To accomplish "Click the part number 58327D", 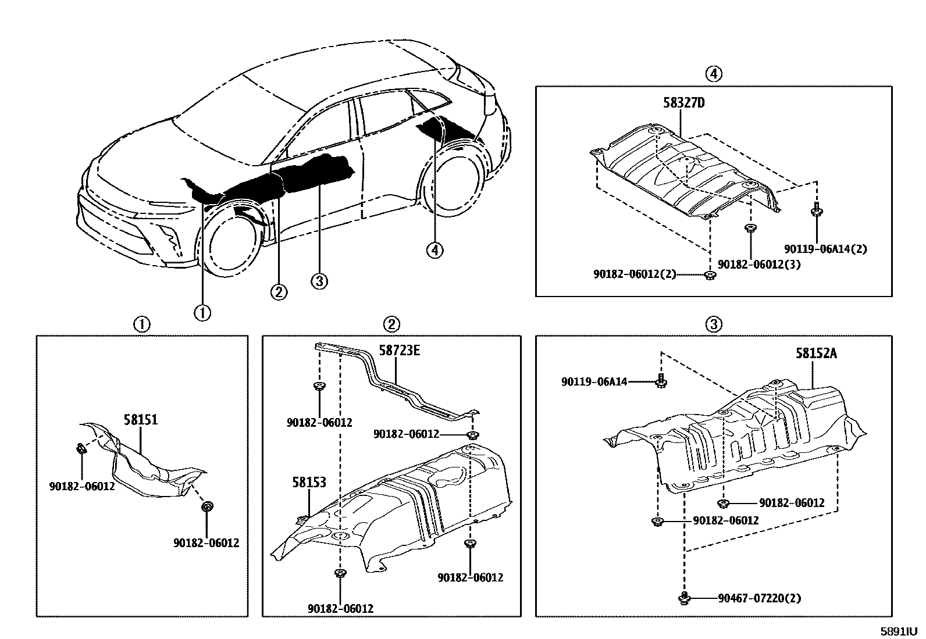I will [683, 103].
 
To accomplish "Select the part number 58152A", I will [816, 353].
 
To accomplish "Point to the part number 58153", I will [309, 482].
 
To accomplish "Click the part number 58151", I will [141, 419].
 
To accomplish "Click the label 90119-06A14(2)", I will [825, 249].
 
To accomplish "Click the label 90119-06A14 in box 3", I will [594, 382].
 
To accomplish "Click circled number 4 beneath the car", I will [434, 251].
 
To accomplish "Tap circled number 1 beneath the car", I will [202, 313].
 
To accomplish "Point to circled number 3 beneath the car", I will [319, 282].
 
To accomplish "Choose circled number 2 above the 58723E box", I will [392, 324].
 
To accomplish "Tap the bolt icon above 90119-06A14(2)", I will [816, 210].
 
